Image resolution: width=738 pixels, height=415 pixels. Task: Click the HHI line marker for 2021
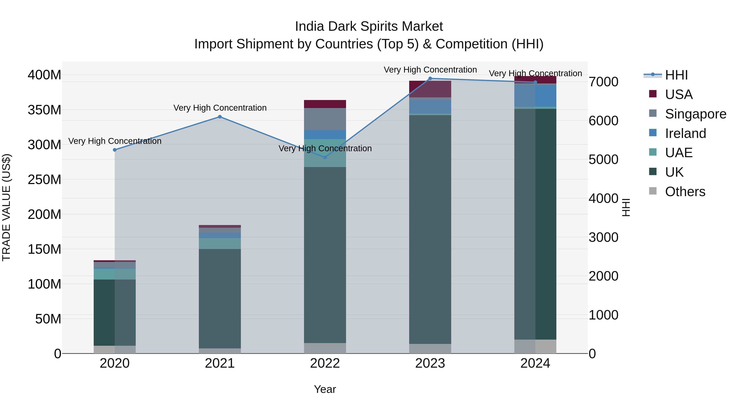220,117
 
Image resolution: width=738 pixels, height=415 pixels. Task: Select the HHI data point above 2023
430,78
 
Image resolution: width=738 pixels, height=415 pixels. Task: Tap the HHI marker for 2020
115,150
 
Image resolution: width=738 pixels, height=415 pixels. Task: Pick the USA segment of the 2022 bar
325,104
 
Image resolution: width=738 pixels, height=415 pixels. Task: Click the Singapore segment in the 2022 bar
325,119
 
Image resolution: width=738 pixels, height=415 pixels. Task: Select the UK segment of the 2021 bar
220,298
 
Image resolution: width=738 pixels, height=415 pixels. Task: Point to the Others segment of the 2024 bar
535,346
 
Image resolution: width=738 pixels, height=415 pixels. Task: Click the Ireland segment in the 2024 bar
535,96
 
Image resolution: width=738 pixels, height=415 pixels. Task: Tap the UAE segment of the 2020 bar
115,274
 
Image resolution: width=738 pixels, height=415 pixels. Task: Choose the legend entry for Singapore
695,114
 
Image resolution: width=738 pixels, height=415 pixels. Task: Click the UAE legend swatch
653,152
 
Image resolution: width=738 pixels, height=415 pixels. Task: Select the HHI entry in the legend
676,75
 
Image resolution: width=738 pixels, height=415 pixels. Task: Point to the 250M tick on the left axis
44,180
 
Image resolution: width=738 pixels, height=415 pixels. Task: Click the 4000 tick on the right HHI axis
603,198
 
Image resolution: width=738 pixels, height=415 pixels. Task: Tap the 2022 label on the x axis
325,363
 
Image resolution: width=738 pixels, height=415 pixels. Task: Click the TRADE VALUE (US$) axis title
6,207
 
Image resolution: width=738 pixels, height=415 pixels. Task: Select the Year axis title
325,389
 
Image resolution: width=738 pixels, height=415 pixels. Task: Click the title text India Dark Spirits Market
369,26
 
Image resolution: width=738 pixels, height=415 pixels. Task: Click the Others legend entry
685,192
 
